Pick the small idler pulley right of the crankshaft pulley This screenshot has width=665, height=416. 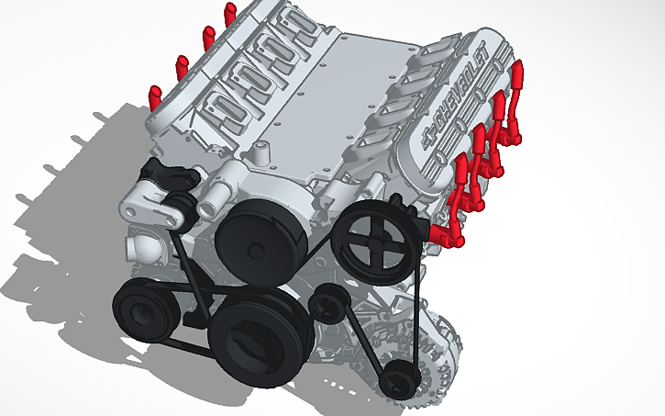tap(327, 301)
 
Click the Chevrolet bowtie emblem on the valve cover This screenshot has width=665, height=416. tap(428, 141)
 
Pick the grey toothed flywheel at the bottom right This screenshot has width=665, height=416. tap(440, 354)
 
